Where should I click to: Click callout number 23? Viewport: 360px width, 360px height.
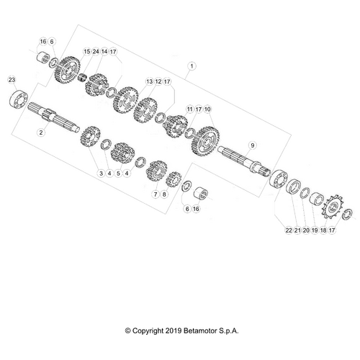pyautogui.click(x=12, y=79)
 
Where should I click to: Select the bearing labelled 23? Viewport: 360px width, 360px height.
pyautogui.click(x=19, y=99)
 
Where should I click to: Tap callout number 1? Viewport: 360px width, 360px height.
pyautogui.click(x=192, y=66)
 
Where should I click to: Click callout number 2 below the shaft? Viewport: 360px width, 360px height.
pyautogui.click(x=41, y=132)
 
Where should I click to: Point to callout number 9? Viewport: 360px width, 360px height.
pyautogui.click(x=252, y=145)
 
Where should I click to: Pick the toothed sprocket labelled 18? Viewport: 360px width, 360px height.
pyautogui.click(x=333, y=207)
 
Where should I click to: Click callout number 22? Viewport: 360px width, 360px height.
pyautogui.click(x=289, y=230)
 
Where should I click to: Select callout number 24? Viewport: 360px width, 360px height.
pyautogui.click(x=96, y=51)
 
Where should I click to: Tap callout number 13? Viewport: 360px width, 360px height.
pyautogui.click(x=150, y=81)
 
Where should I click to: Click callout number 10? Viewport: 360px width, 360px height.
pyautogui.click(x=207, y=109)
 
